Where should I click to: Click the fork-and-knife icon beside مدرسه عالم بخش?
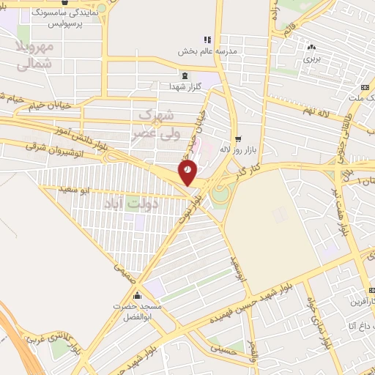point(207,40)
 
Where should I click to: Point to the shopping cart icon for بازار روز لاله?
point(237,138)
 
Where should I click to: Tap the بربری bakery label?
point(313,56)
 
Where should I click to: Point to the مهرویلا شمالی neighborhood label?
point(34,56)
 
